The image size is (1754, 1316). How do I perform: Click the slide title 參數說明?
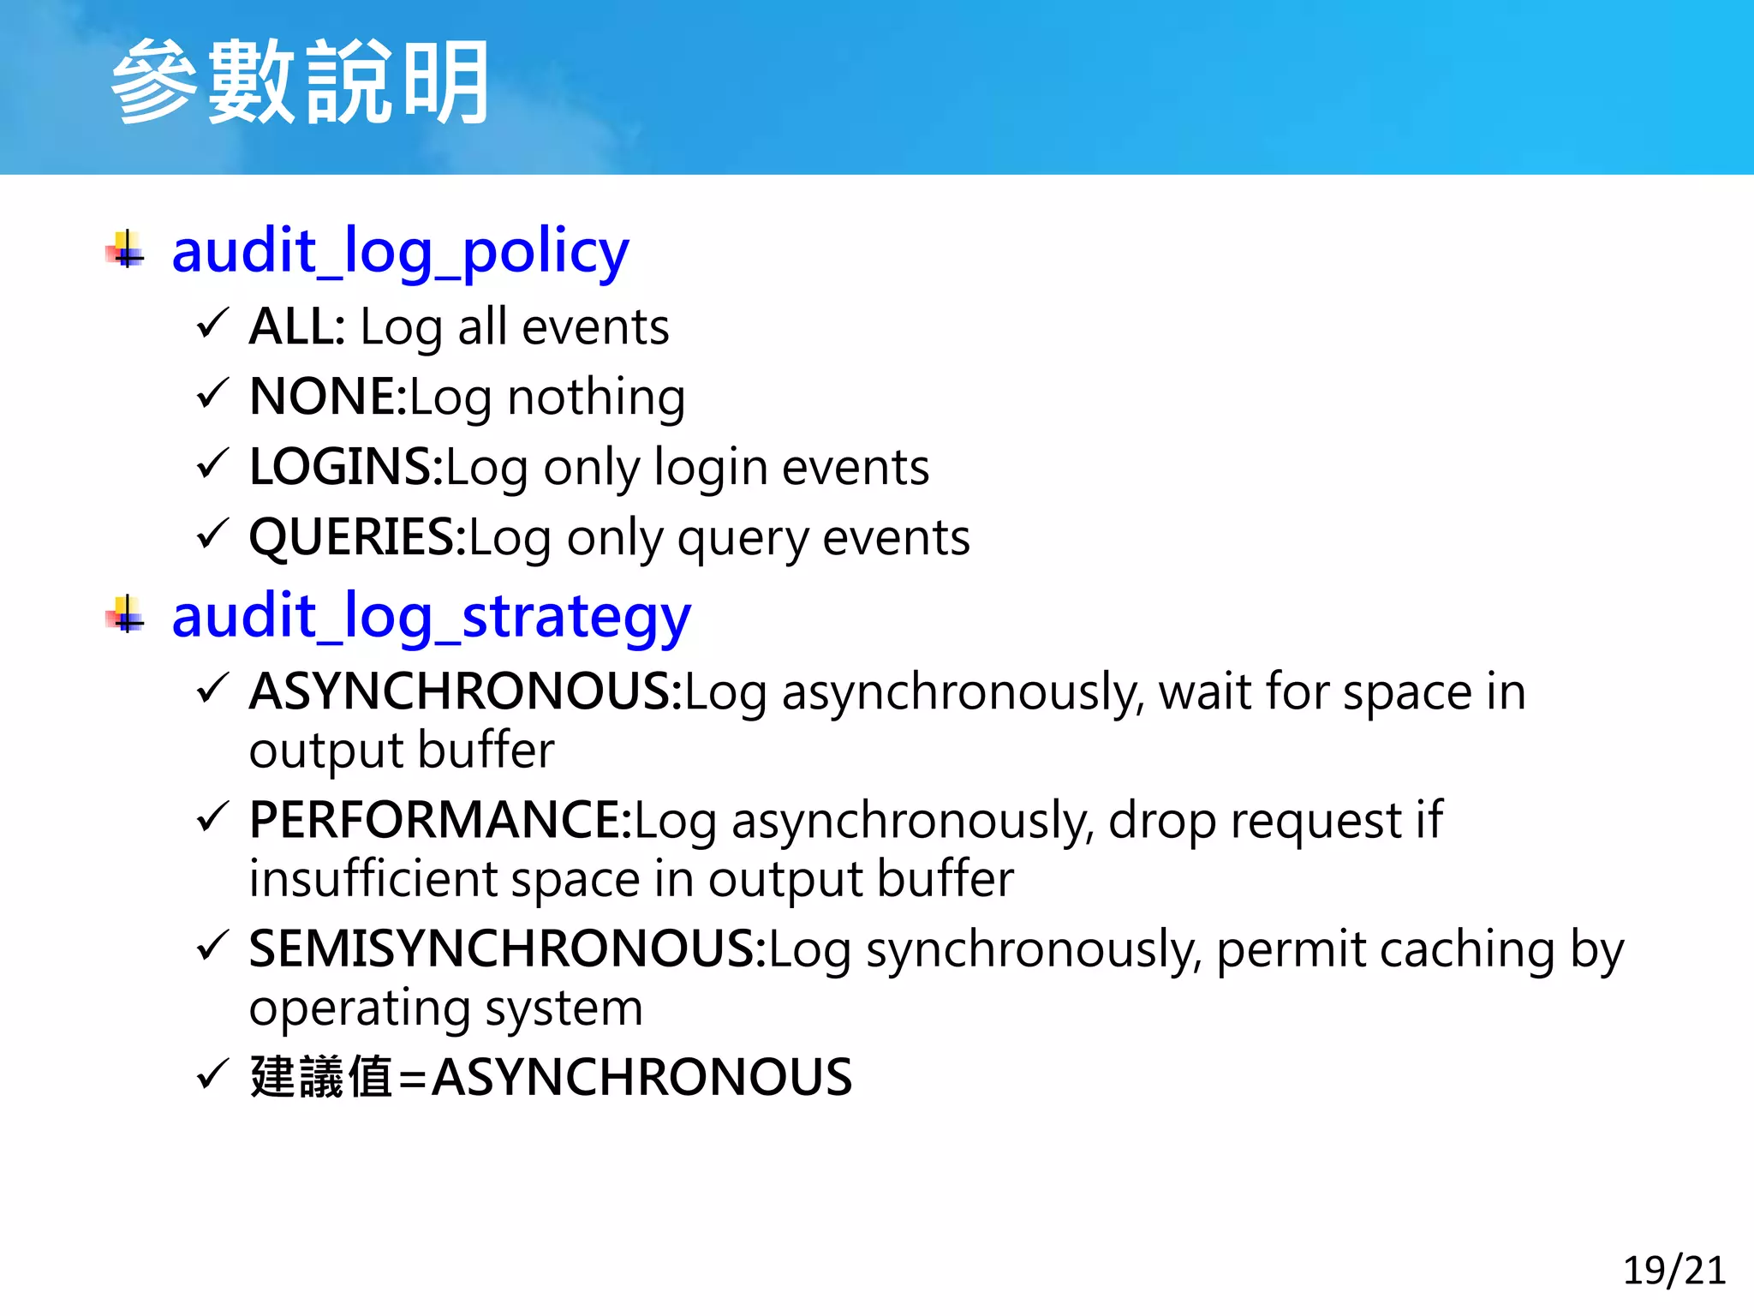(300, 83)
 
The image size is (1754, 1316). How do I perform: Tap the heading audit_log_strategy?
(431, 616)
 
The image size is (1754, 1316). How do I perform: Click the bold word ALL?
(297, 326)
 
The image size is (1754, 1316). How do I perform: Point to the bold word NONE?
(328, 397)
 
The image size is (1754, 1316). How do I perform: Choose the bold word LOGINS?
(346, 467)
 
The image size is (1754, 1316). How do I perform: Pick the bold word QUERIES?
(357, 537)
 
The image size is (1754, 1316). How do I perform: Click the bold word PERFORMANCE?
(440, 820)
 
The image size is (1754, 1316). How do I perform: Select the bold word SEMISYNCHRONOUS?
(507, 948)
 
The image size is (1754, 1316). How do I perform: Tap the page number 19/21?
(1673, 1270)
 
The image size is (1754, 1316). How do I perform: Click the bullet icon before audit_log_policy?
(126, 250)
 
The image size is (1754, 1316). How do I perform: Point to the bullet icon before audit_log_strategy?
(126, 615)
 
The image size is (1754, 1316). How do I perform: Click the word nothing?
(596, 397)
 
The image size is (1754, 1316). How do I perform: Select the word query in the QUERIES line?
(742, 539)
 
